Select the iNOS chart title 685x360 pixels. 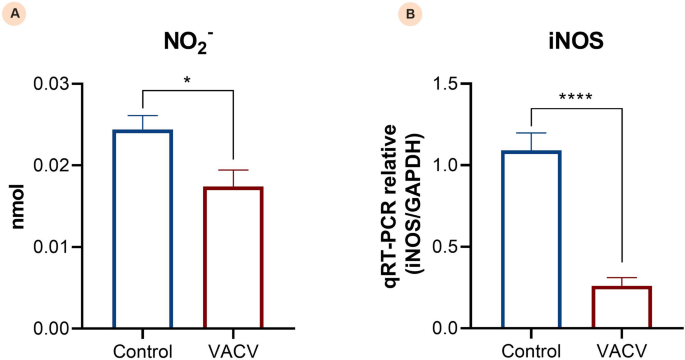[566, 45]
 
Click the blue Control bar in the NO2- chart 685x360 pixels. [142, 229]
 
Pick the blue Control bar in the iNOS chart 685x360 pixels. [531, 239]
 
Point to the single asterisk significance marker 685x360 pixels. [188, 77]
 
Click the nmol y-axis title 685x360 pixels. [17, 206]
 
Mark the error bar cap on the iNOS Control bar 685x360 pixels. [531, 133]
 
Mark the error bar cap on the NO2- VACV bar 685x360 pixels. [232, 170]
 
